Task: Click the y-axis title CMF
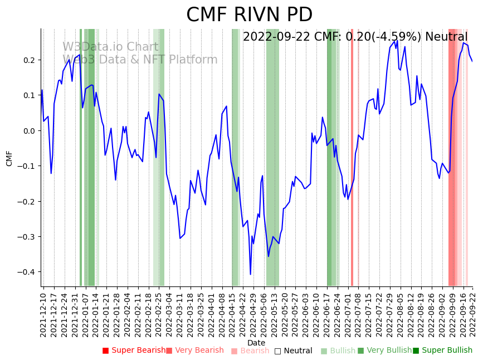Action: click(x=9, y=158)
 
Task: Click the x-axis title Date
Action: click(x=256, y=343)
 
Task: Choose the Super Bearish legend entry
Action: click(x=134, y=351)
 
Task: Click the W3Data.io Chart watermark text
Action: click(x=110, y=47)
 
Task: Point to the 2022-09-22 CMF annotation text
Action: click(x=355, y=37)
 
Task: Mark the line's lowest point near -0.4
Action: click(x=250, y=274)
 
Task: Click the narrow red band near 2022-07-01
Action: click(x=352, y=156)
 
